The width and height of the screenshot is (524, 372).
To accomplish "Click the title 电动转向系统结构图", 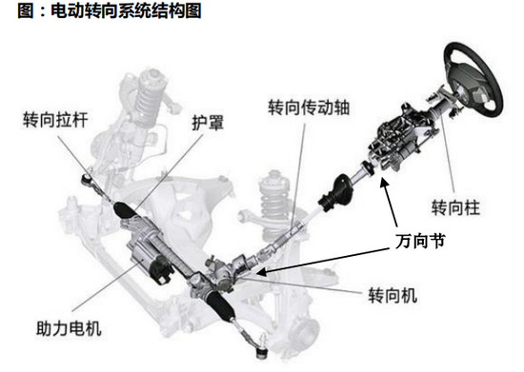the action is point(126,10).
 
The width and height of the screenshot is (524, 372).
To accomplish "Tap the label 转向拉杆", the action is point(55,120).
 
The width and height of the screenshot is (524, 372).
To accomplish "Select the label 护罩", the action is point(208,123).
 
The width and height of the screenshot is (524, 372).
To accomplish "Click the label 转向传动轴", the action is point(309,108).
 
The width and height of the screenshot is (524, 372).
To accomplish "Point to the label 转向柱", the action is point(455,207).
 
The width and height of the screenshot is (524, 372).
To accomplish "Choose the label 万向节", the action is point(420,241).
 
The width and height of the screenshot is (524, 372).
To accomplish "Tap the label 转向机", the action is point(393,295).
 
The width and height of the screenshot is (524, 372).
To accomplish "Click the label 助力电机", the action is point(69,328).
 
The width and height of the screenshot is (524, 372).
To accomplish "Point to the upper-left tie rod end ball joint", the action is point(87,180).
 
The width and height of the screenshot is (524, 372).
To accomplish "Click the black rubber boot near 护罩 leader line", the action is point(122,209).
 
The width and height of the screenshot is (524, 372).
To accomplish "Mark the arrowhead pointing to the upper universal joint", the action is point(384,183).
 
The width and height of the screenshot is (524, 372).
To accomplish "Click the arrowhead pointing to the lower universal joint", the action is point(261,272).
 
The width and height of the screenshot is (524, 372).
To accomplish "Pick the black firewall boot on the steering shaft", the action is point(337,193).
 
